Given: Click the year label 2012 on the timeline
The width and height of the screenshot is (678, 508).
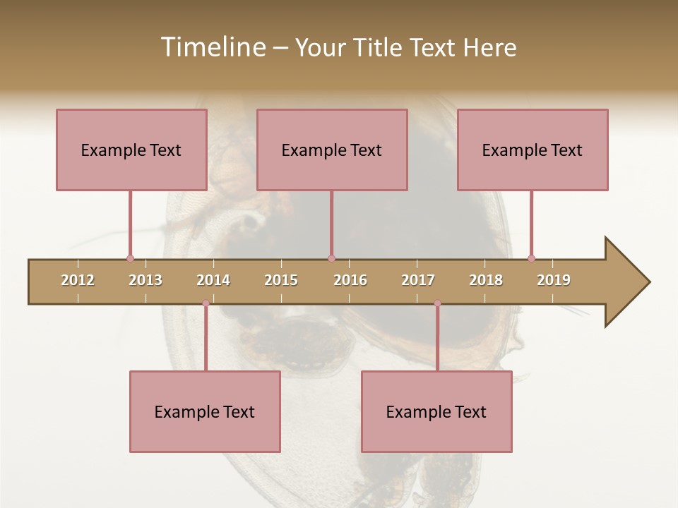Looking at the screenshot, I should pos(78,280).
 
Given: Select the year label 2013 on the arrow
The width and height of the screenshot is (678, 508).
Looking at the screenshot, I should pos(145,280).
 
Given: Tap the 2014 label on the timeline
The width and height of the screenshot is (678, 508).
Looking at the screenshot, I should pos(213,280).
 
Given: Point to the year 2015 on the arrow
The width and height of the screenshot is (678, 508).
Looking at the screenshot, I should pos(281,280).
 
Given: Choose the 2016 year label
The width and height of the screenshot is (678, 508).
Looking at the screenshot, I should pos(350,280).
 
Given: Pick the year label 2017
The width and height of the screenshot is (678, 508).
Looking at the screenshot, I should pos(418,280).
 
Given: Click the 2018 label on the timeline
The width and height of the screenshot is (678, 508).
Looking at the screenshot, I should pos(486,280).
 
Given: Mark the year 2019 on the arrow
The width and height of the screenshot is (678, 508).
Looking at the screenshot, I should pos(554,280).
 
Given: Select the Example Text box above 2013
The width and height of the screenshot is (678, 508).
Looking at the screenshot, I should pos(131,150).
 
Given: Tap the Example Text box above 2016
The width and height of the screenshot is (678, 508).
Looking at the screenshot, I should pos(332,150).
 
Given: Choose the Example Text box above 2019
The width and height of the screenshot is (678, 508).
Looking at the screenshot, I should pos(533,150).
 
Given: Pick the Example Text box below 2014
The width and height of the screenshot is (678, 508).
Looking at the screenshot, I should pos(205,411).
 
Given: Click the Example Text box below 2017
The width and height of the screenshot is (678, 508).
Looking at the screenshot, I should pos(436,411).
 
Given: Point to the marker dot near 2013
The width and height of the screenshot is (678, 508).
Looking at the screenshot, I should pos(130,258).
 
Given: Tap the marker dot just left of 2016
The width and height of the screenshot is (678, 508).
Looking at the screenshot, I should pos(331,258).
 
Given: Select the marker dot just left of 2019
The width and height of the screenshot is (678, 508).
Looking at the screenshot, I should pos(531,258).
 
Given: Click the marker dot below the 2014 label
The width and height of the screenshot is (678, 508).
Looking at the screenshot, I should pos(206,303).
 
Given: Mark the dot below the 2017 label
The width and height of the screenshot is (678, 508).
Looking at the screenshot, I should pos(437,303).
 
